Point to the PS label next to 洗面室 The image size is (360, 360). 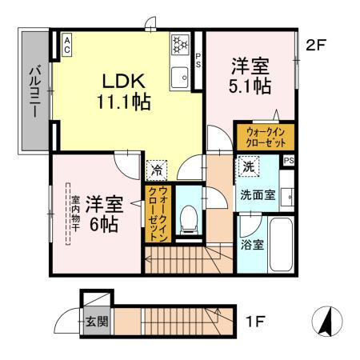(288, 160)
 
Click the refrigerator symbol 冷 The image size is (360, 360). (155, 170)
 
